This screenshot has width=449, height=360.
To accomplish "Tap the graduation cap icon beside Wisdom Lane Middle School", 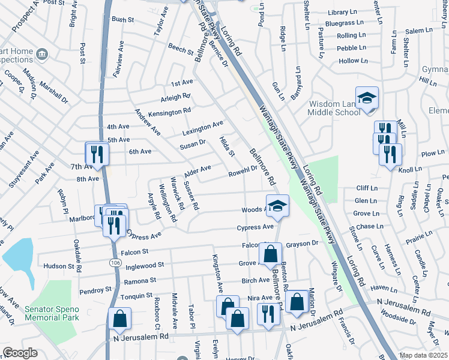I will point(367,97).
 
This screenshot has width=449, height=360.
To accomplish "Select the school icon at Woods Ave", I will point(277,205).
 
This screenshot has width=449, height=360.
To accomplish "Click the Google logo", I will point(20,353).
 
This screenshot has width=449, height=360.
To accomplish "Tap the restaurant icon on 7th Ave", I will point(97,153).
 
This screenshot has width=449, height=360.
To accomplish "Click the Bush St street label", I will point(122,19).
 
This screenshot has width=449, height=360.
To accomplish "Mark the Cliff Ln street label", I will point(366,188).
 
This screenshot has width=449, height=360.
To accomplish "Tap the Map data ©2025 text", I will point(422,355).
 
